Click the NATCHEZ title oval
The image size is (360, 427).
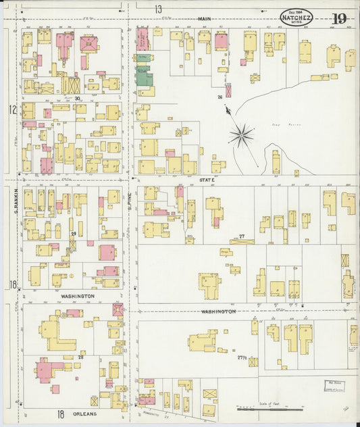click(x=296, y=17)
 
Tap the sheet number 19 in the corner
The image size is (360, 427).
click(x=338, y=18)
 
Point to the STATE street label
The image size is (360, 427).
click(x=207, y=180)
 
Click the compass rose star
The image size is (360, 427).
click(x=240, y=136)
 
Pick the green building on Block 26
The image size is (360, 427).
click(x=145, y=77)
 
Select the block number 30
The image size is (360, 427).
click(x=78, y=99)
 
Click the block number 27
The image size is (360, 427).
click(x=241, y=237)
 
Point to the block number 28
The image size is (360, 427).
click(x=80, y=356)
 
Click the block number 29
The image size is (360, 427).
click(x=74, y=234)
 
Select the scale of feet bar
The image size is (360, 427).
click(x=269, y=409)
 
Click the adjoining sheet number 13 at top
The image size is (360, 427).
click(x=158, y=9)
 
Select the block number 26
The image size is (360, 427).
click(x=220, y=97)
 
